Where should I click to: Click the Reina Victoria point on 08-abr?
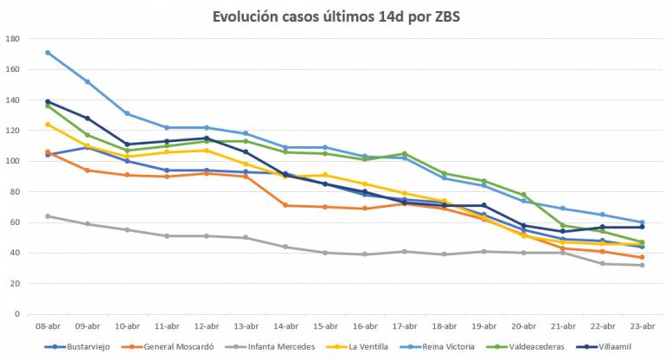pos(48,53)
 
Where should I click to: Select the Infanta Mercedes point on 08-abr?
pos(48,216)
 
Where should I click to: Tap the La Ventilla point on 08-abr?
pos(48,125)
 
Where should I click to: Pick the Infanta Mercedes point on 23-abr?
pos(642,265)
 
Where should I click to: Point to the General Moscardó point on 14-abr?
pos(285,205)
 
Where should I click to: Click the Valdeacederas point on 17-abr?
pos(404,153)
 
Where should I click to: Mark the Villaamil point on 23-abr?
pos(642,227)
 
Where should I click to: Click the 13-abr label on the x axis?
pos(246,327)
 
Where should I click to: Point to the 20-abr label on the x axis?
pos(522,327)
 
